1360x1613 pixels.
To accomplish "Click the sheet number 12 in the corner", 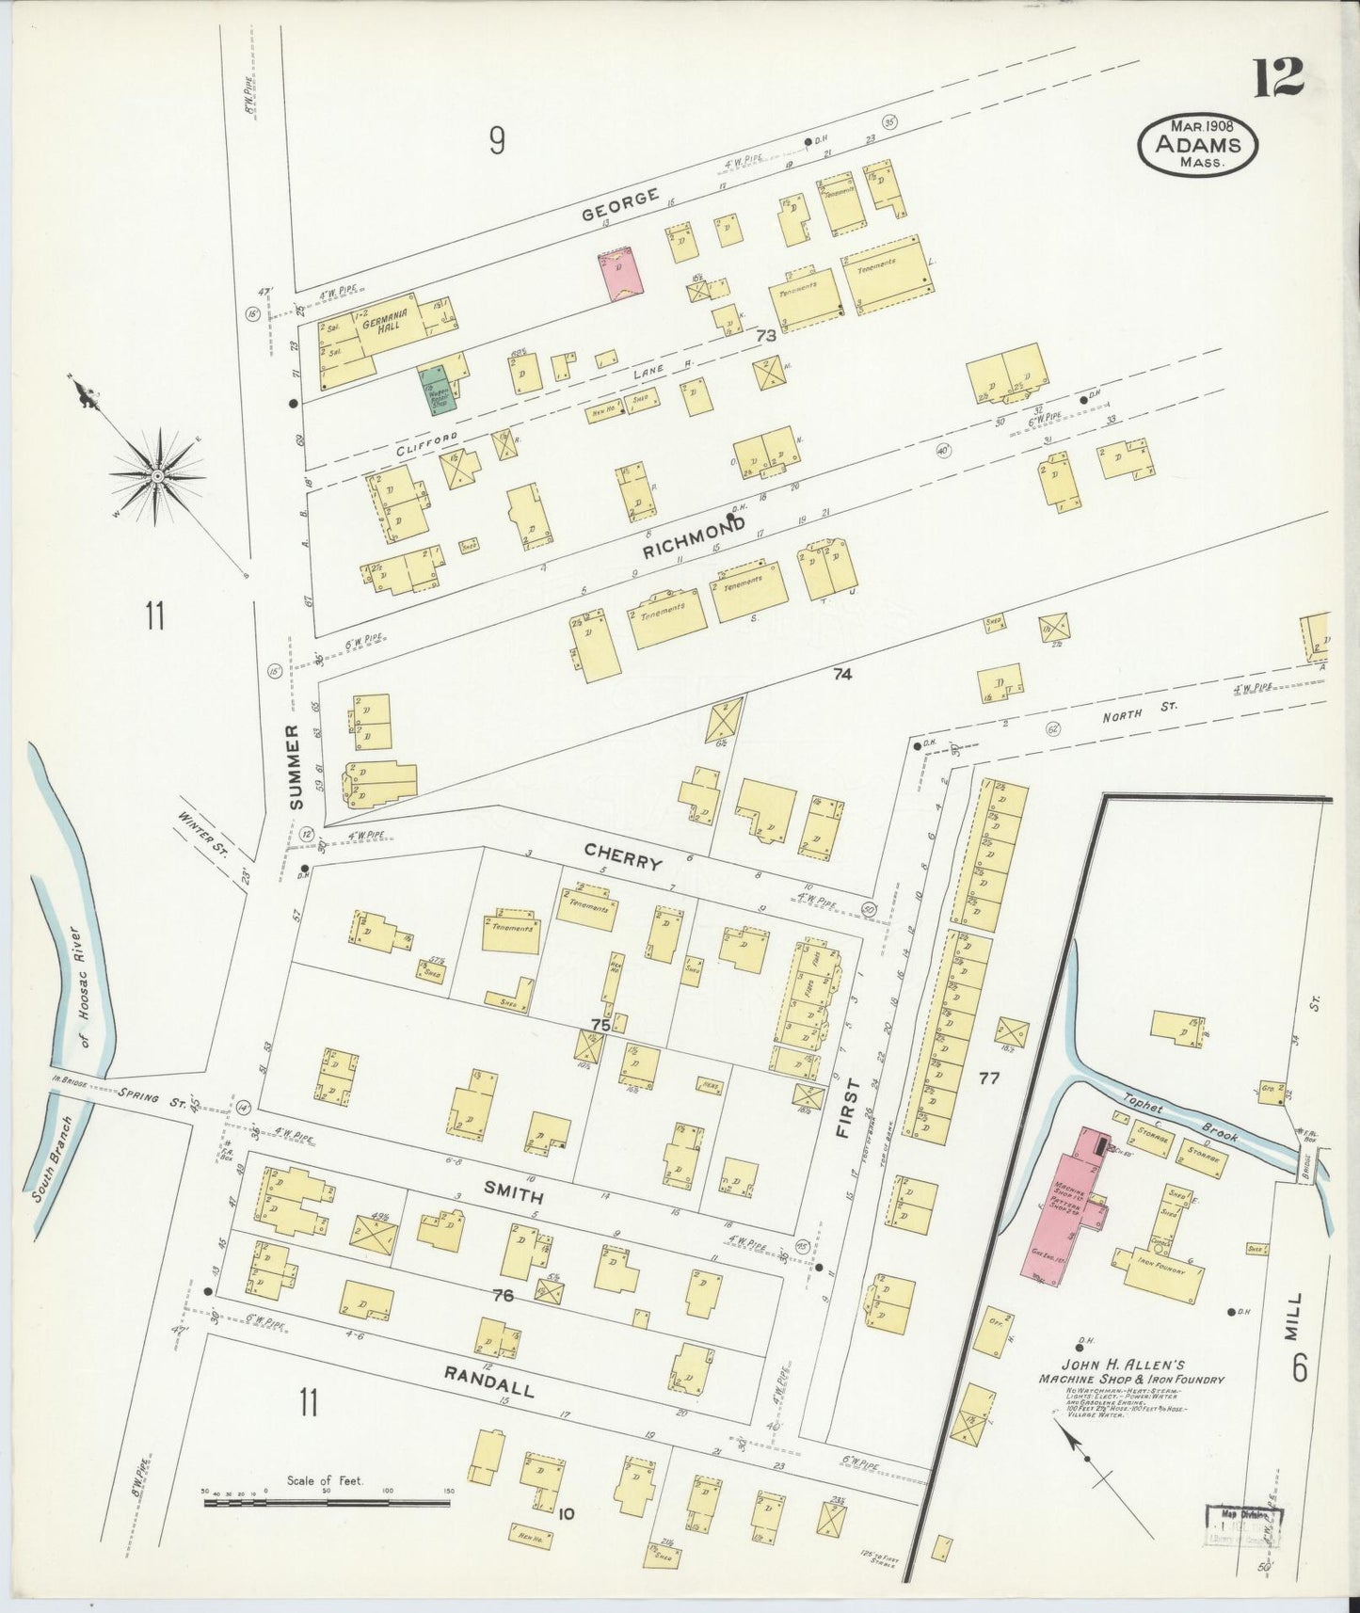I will [x=1277, y=77].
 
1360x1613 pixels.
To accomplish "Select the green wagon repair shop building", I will [x=438, y=390].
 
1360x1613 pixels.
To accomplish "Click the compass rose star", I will [x=158, y=477].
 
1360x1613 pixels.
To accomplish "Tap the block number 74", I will [x=841, y=673].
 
